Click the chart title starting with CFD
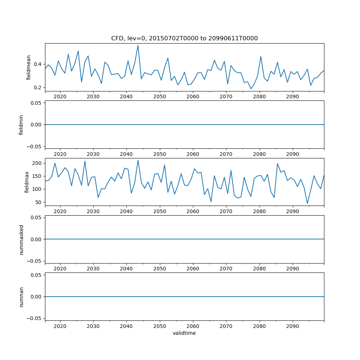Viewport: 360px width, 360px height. pyautogui.click(x=184, y=39)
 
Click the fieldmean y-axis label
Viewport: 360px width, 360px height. pyautogui.click(x=29, y=67)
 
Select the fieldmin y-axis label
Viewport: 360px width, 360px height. pyautogui.click(x=21, y=125)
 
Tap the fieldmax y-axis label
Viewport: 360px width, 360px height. pyautogui.click(x=26, y=182)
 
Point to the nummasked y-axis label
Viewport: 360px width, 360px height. pyautogui.click(x=21, y=239)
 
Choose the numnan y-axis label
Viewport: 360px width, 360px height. pyautogui.click(x=21, y=297)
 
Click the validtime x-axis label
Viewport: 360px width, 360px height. pyautogui.click(x=184, y=333)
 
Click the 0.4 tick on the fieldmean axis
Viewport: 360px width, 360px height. pyautogui.click(x=38, y=64)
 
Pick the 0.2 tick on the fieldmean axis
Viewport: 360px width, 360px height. pyautogui.click(x=38, y=87)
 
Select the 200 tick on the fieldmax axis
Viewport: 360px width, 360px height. pyautogui.click(x=37, y=163)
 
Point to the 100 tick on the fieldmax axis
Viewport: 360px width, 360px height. pyautogui.click(x=37, y=189)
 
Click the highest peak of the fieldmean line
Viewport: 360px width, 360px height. pyautogui.click(x=138, y=45)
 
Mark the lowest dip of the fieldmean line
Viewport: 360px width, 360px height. pyautogui.click(x=251, y=89)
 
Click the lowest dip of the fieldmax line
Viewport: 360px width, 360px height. pyautogui.click(x=307, y=203)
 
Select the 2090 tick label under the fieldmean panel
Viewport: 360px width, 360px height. pyautogui.click(x=292, y=97)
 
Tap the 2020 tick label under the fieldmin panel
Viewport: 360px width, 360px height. pyautogui.click(x=60, y=154)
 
